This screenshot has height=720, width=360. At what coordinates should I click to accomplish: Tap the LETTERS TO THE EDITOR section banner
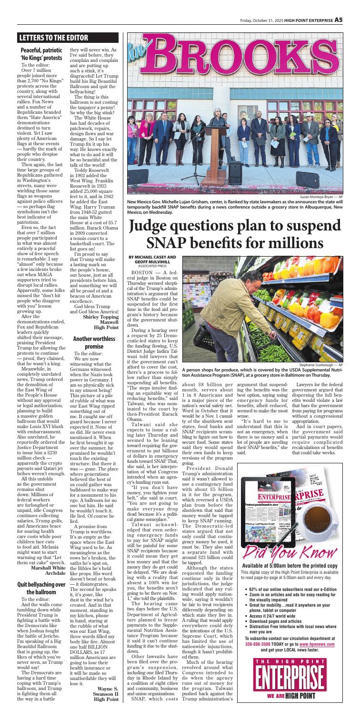52,37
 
